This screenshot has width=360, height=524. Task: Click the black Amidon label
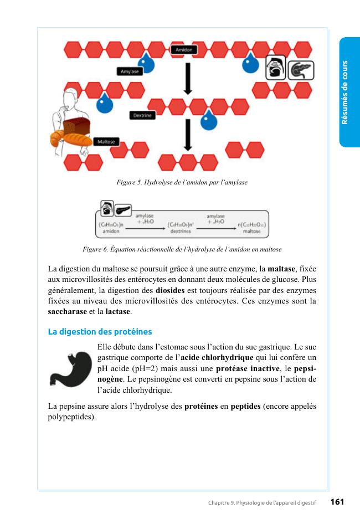click(x=184, y=50)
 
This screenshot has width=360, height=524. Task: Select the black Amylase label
click(x=130, y=71)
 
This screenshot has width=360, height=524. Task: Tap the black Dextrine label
click(x=143, y=115)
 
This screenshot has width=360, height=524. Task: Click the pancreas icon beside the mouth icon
click(x=301, y=70)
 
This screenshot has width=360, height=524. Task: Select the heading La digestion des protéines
click(x=100, y=332)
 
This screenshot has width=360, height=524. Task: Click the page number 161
click(x=337, y=502)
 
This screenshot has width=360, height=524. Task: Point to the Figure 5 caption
click(x=182, y=182)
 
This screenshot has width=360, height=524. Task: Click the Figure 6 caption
click(x=182, y=249)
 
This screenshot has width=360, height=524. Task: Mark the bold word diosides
click(x=170, y=290)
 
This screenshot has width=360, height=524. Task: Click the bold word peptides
click(x=245, y=406)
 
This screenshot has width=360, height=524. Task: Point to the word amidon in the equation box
click(x=111, y=232)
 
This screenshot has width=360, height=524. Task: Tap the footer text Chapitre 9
click(x=222, y=503)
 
